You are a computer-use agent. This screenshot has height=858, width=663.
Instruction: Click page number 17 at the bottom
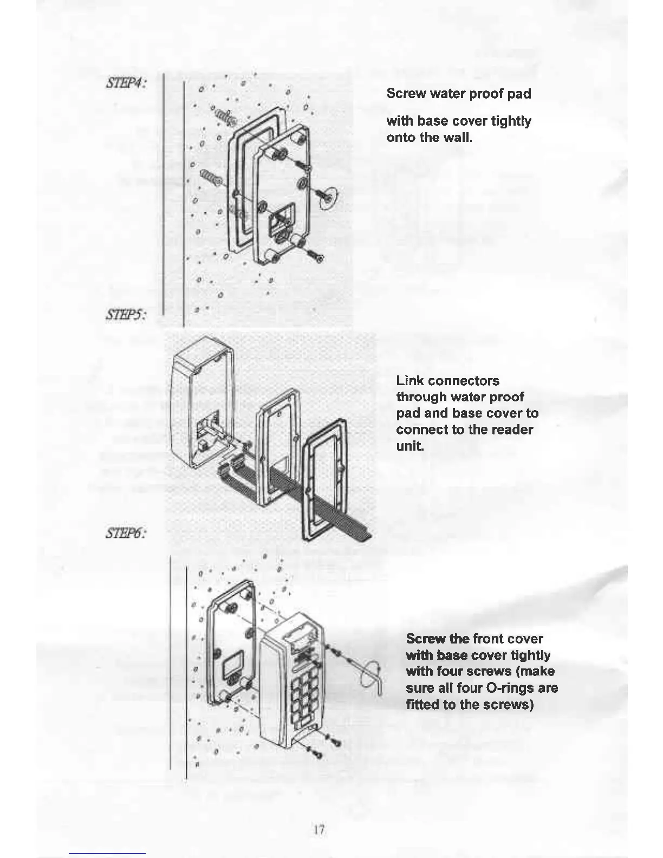pos(319,829)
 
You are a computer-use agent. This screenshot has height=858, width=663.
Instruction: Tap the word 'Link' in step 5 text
pos(410,381)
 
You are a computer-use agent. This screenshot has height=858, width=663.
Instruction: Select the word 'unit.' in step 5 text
pos(409,446)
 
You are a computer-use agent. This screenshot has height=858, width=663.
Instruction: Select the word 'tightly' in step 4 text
pos(511,121)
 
